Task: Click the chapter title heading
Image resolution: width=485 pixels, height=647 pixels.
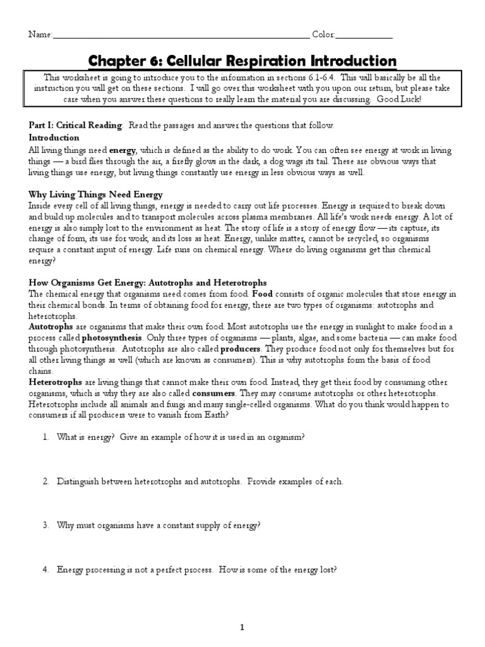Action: [242, 61]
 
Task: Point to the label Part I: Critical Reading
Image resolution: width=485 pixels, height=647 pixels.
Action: [76, 125]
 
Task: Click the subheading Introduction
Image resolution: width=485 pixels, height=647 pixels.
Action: [54, 137]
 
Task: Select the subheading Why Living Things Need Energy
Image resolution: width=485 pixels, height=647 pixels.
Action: [96, 194]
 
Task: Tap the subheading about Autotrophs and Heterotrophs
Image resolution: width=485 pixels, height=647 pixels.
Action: [148, 282]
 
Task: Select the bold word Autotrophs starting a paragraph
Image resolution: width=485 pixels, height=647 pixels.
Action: [51, 327]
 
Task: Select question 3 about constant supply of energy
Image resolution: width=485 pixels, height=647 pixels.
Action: [159, 525]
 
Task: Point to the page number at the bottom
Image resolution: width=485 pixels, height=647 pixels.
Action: [242, 627]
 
